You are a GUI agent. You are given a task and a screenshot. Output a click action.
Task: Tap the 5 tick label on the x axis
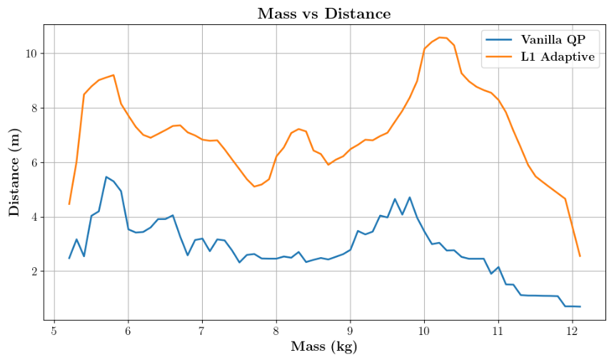coord(54,331)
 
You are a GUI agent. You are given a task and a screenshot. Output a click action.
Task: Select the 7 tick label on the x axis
coord(202,331)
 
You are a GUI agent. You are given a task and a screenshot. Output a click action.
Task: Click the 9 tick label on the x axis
coord(350,331)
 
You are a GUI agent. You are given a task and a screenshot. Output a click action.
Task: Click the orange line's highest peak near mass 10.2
coord(439,37)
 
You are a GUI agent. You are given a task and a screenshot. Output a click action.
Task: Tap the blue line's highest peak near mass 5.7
coord(106,176)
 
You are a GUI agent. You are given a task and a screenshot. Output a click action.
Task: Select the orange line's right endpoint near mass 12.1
coord(580,256)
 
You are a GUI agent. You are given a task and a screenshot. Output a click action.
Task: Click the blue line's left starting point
coord(69,258)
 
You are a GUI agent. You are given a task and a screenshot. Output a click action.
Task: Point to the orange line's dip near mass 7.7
coord(254,186)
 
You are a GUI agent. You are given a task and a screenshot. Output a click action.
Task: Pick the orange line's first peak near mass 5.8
coord(114,75)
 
